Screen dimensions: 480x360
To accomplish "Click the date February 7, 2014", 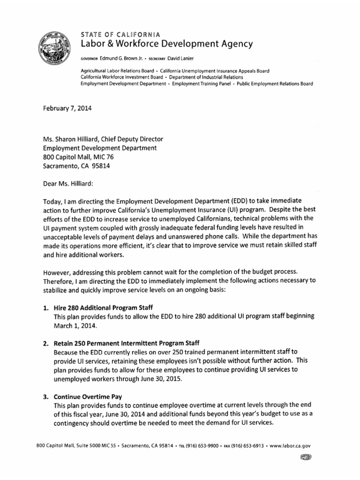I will [67, 108].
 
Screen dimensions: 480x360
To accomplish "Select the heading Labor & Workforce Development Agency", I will [167, 44].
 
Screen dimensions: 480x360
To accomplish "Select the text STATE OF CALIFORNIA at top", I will [120, 34].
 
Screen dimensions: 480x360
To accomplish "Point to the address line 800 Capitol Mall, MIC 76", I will [78, 157].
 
